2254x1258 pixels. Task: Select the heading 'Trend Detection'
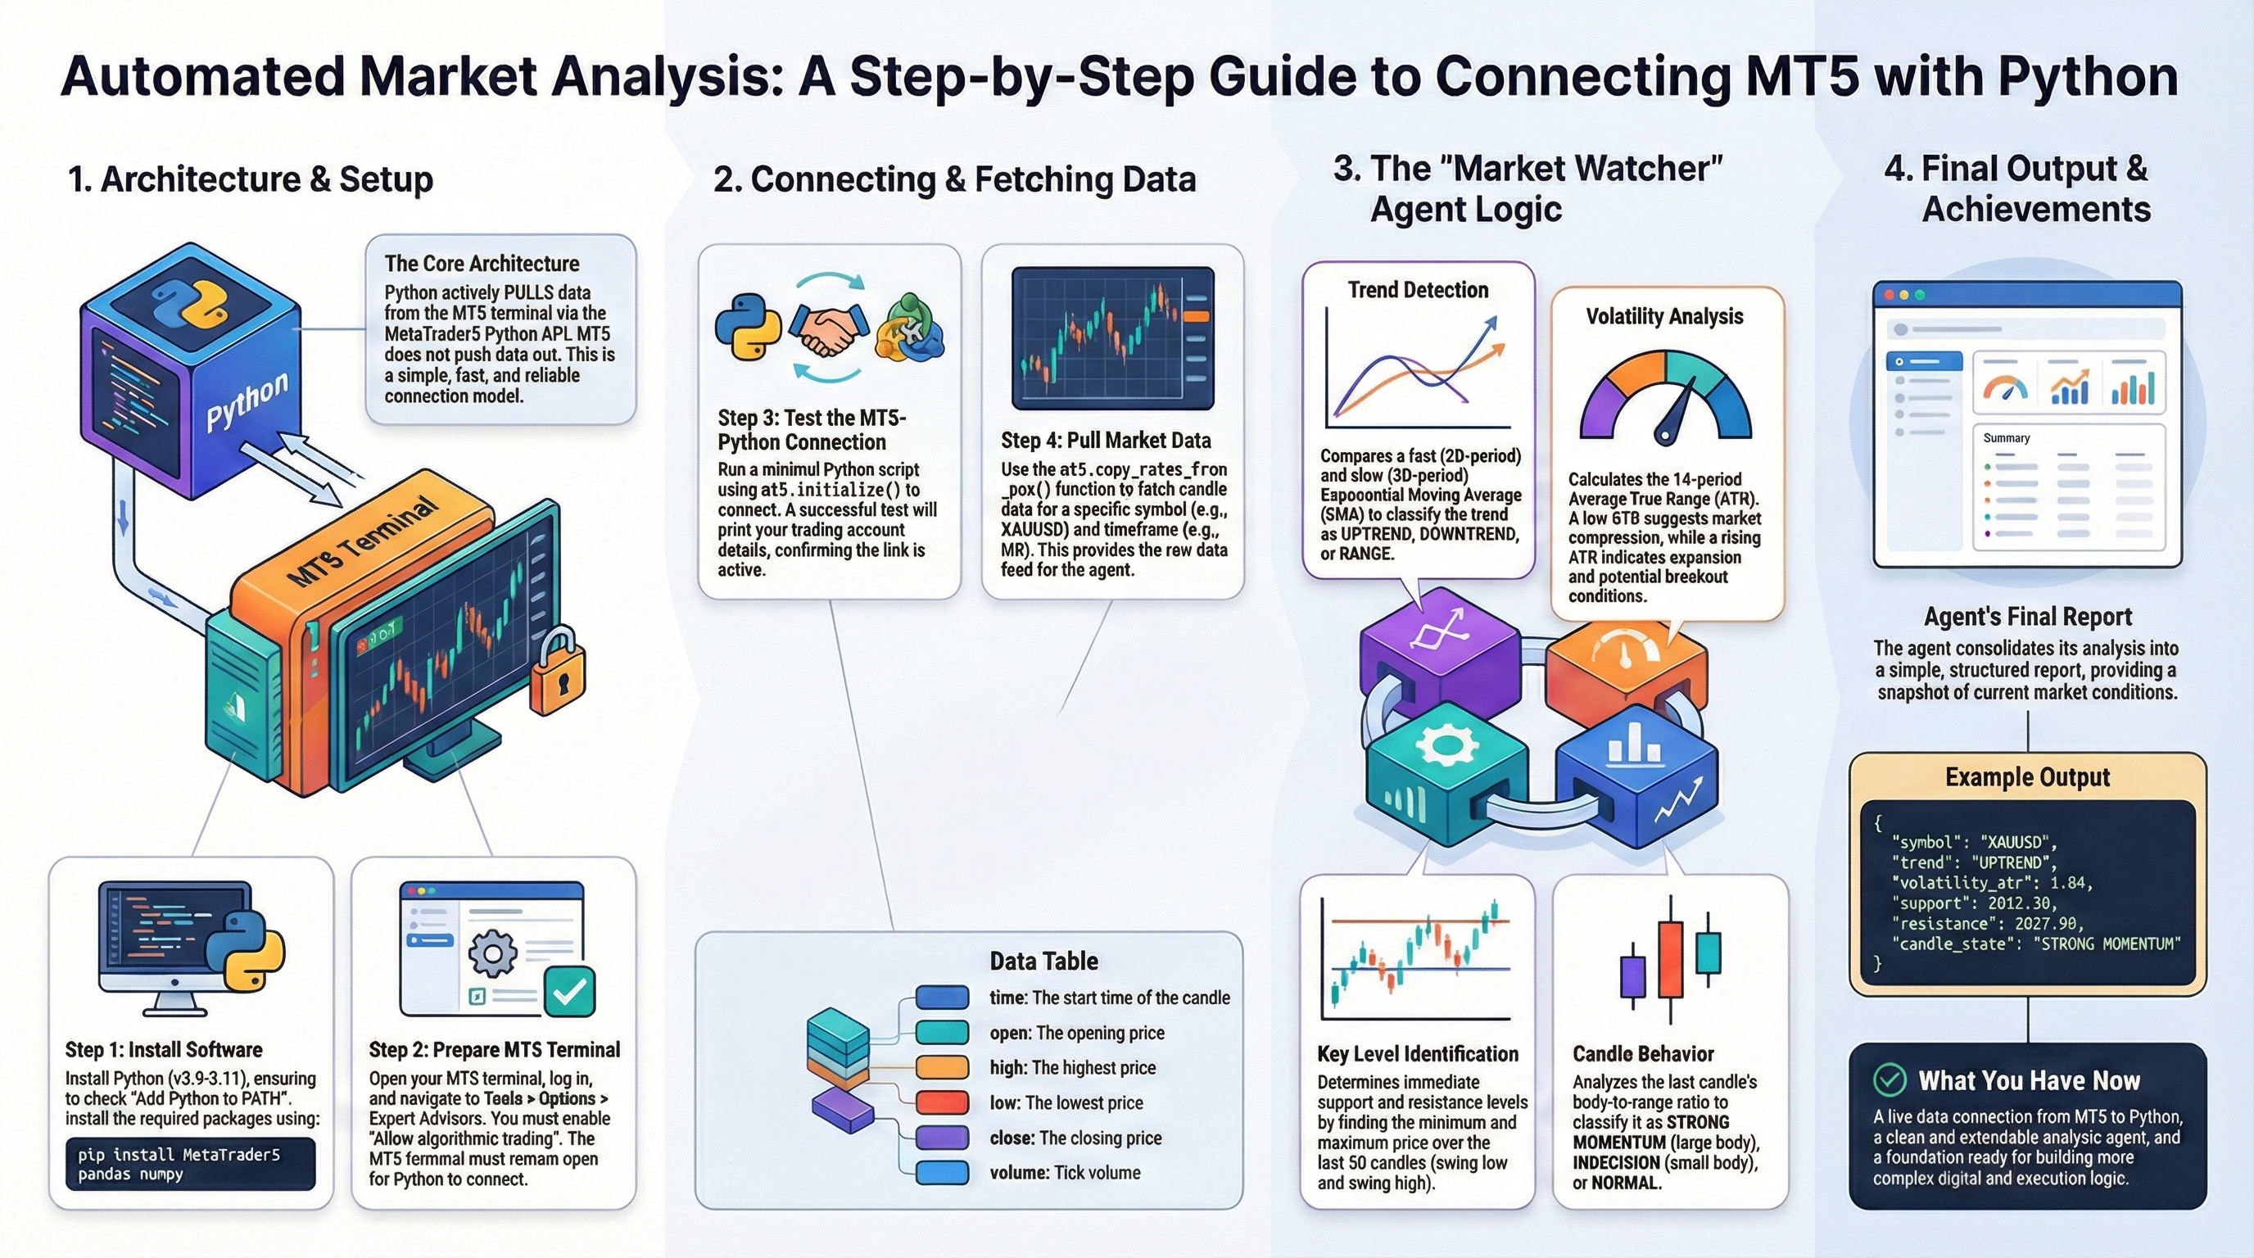point(1418,291)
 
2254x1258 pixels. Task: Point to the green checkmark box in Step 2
point(569,992)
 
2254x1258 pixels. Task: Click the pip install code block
point(190,1165)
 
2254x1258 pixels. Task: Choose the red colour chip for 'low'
point(942,1102)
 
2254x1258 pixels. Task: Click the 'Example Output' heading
point(2027,777)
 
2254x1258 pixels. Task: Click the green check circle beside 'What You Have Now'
point(1890,1080)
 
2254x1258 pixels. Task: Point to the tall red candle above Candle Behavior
point(1670,960)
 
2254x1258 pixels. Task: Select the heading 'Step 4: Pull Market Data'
point(1106,440)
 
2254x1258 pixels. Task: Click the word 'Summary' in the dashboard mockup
point(2007,438)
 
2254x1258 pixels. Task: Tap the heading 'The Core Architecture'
point(482,264)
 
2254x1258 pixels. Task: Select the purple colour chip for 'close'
point(942,1138)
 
